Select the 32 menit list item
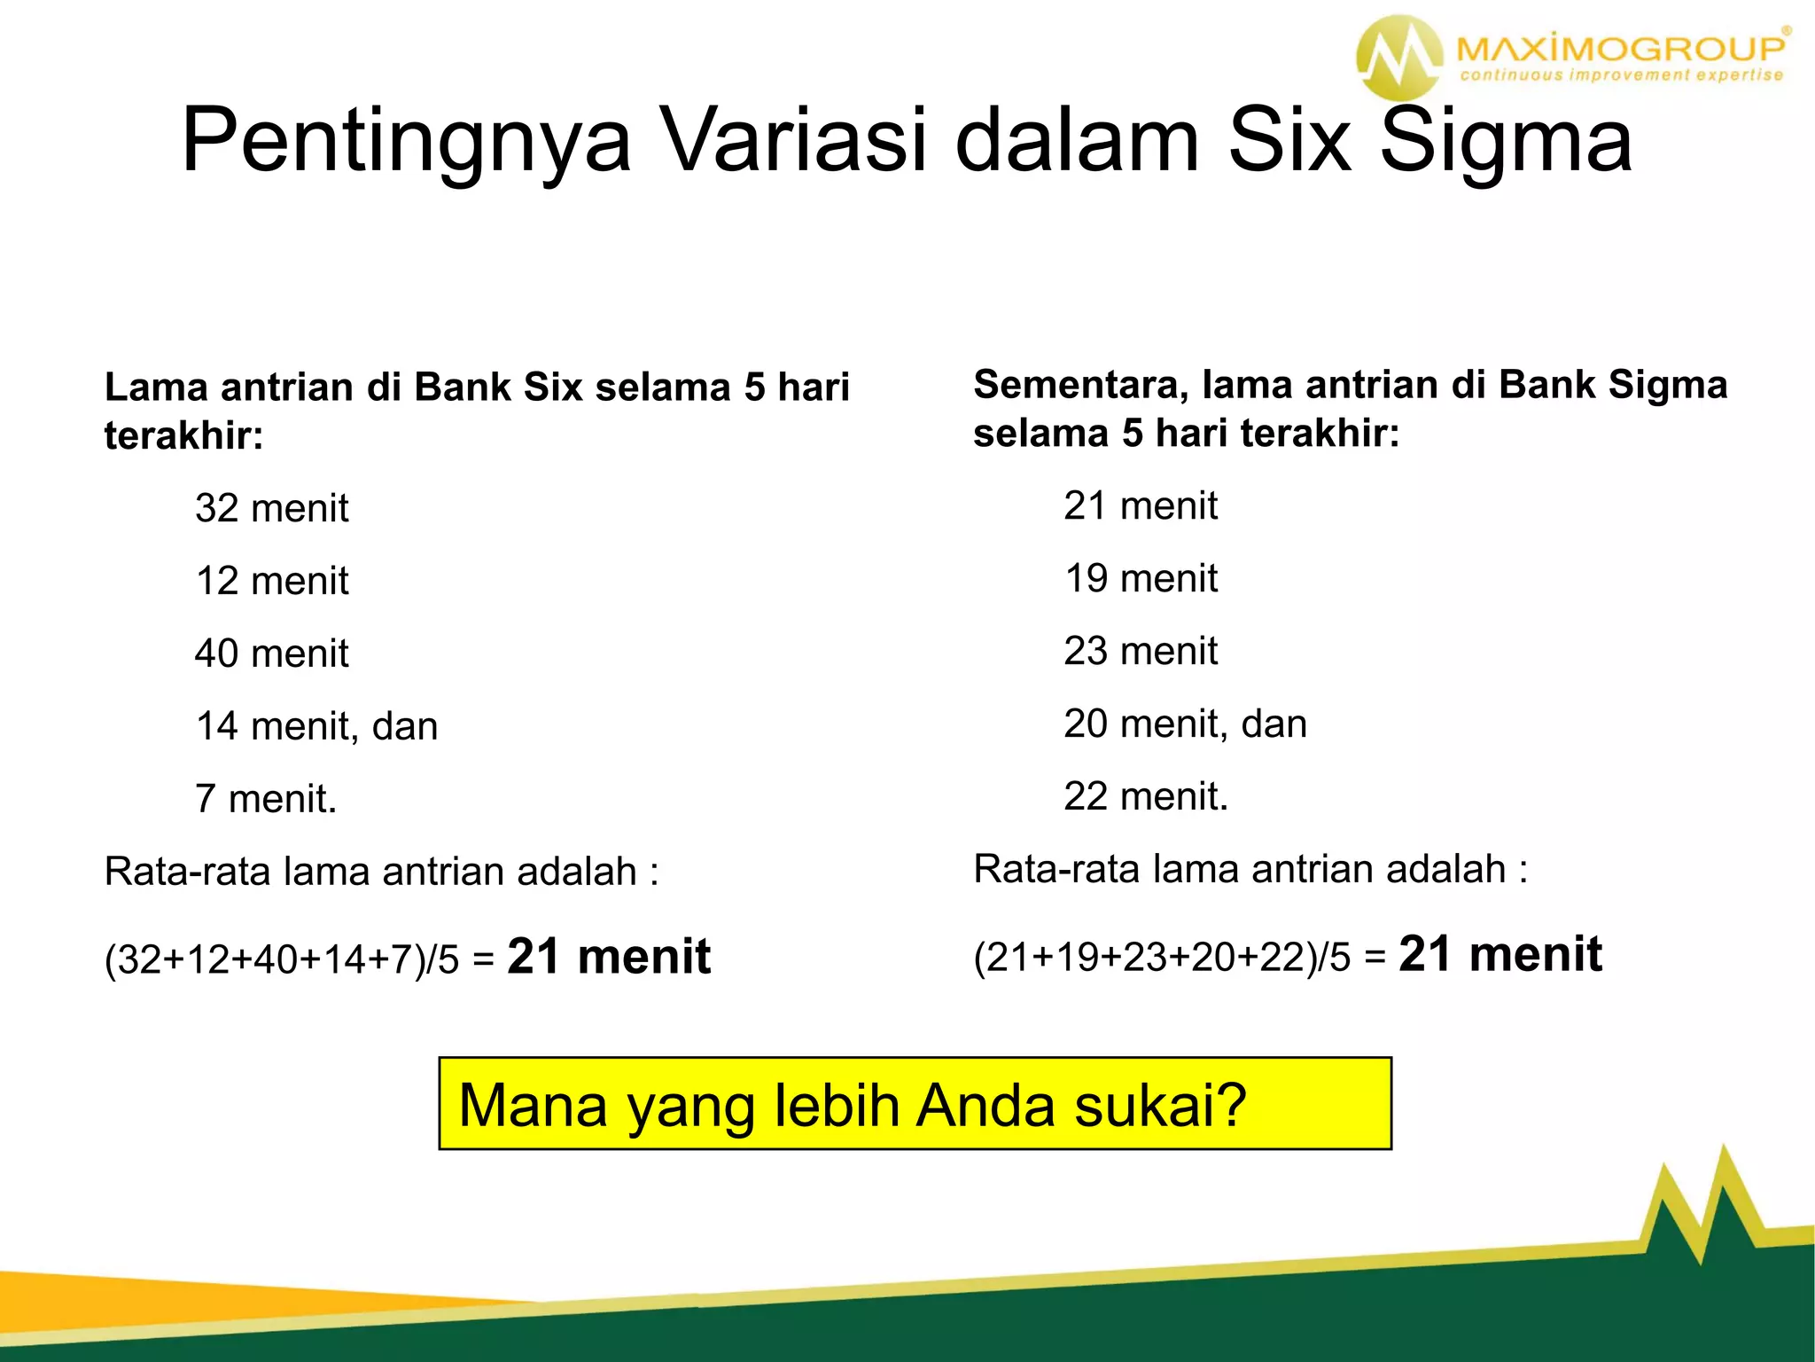[271, 508]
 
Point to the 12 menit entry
[271, 581]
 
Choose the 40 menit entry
[271, 654]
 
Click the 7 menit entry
[265, 799]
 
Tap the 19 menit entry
[1141, 578]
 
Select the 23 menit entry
[1141, 651]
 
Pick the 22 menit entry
[1146, 796]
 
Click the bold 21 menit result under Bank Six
[609, 957]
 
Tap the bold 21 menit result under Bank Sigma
[1500, 954]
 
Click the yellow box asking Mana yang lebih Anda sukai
[915, 1104]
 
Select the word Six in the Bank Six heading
[553, 387]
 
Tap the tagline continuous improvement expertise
[1621, 75]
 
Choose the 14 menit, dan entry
[316, 726]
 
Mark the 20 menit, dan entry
[1185, 724]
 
